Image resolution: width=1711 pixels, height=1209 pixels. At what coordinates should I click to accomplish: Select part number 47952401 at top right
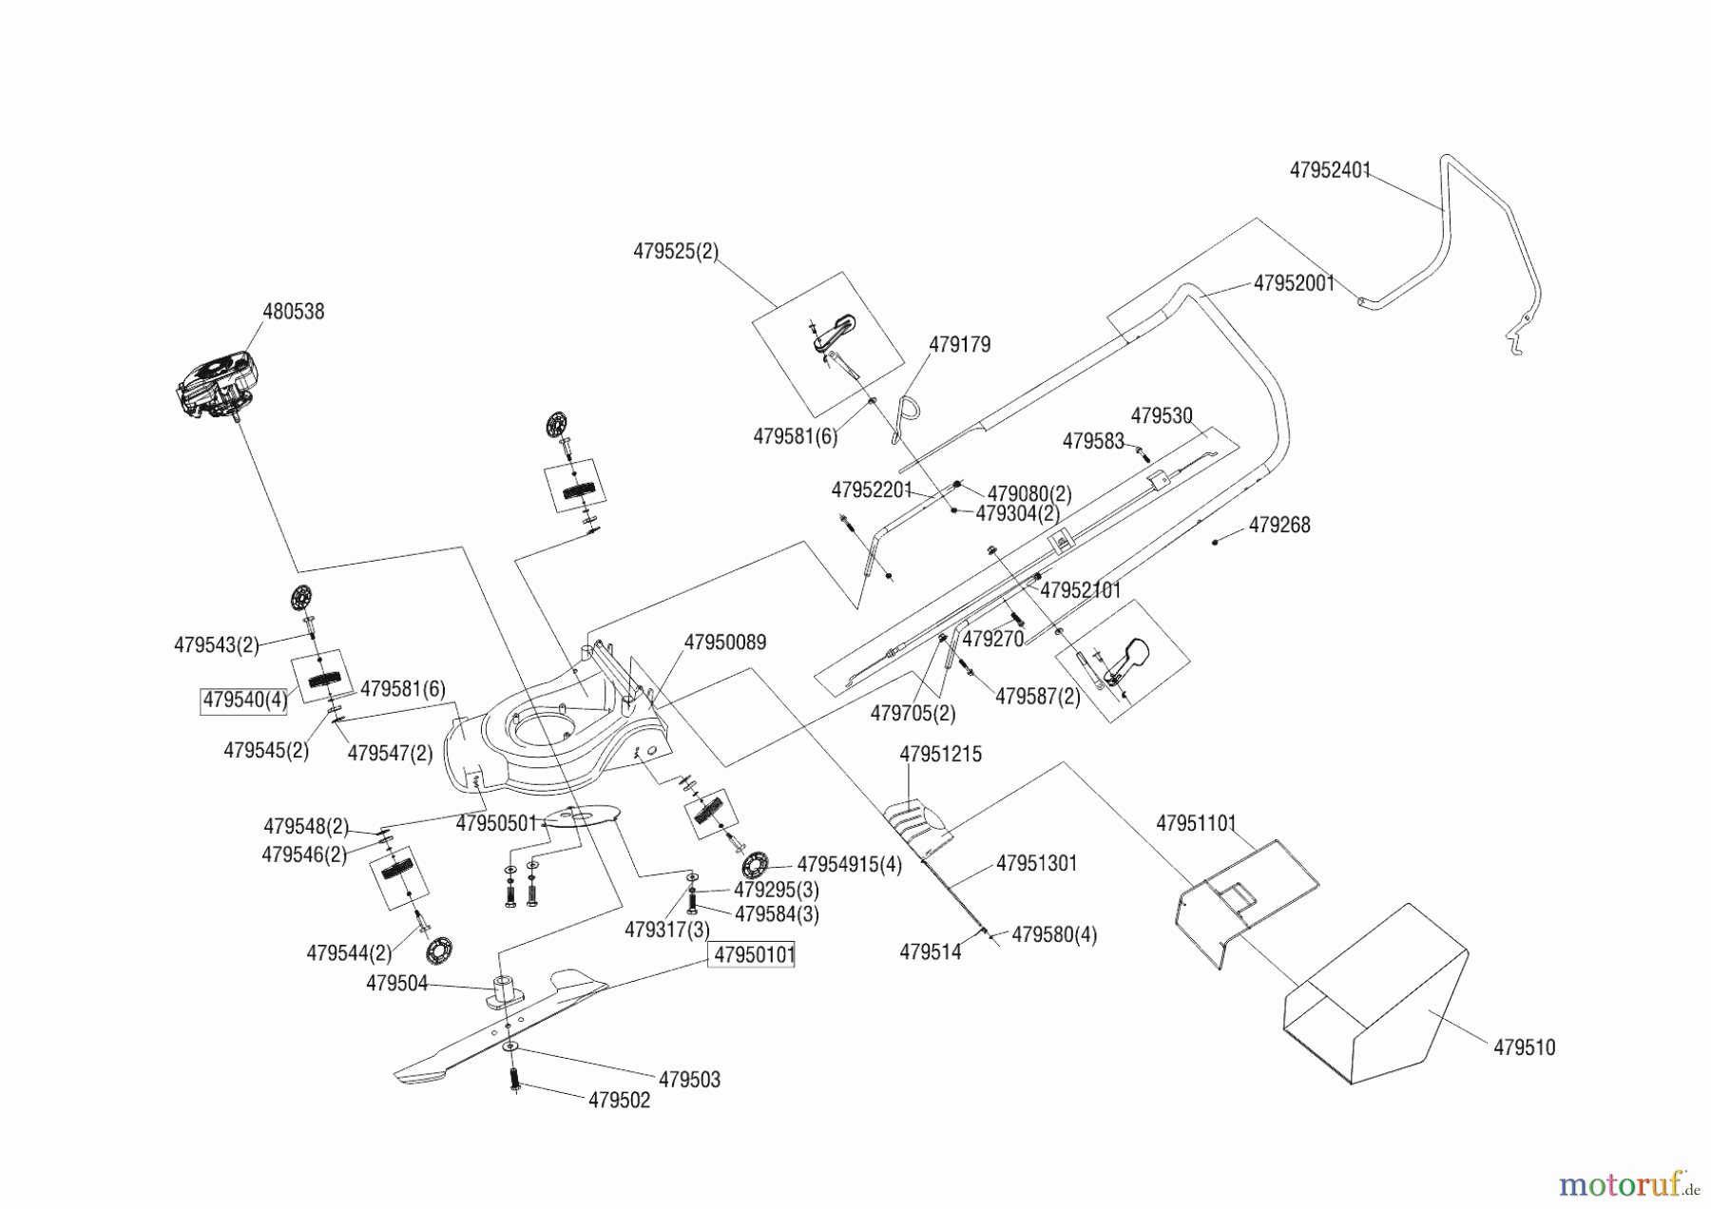tap(1330, 170)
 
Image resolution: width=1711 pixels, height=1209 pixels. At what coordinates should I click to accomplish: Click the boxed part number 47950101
tap(754, 954)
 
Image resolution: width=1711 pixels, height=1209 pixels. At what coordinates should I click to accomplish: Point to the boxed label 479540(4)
tap(244, 700)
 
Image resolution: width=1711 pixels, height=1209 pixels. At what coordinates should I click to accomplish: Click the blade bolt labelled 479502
tap(514, 1080)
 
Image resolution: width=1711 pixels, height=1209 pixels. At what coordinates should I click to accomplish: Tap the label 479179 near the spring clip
tap(959, 345)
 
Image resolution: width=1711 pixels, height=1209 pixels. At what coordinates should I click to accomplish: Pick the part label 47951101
tap(1196, 823)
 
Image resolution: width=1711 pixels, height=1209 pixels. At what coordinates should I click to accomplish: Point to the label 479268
tap(1278, 526)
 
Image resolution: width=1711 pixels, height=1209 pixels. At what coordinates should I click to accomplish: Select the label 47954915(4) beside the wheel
tap(849, 865)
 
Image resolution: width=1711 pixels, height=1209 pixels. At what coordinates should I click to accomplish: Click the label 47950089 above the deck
tap(725, 643)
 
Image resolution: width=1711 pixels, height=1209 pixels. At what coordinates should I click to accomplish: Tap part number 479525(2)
tap(676, 252)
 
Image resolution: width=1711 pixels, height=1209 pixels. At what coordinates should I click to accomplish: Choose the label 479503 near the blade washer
tap(689, 1080)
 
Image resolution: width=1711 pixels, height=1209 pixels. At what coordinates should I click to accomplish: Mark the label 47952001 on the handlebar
tap(1294, 283)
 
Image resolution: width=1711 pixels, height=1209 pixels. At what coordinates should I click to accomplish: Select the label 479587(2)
tap(1037, 697)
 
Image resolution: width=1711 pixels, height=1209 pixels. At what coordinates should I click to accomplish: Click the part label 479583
tap(1093, 442)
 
